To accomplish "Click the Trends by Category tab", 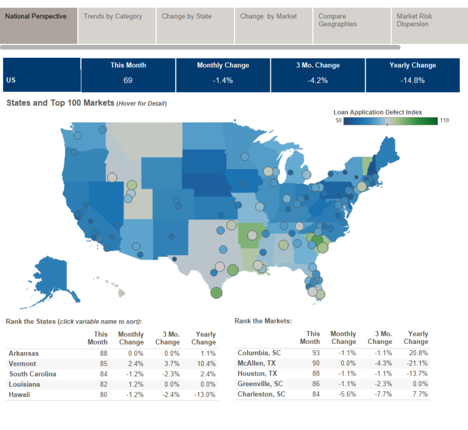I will coord(113,16).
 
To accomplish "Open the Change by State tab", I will coord(187,16).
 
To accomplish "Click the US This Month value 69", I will coord(128,80).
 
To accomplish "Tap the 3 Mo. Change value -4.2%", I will coord(318,80).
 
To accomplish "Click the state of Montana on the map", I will coord(149,140).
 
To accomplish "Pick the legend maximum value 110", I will coord(445,121).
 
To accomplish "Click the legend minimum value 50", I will coord(338,121).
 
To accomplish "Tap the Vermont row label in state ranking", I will coord(22,363).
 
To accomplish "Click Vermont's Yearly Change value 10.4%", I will coord(205,363).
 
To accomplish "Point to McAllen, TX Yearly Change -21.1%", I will coord(418,363).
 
